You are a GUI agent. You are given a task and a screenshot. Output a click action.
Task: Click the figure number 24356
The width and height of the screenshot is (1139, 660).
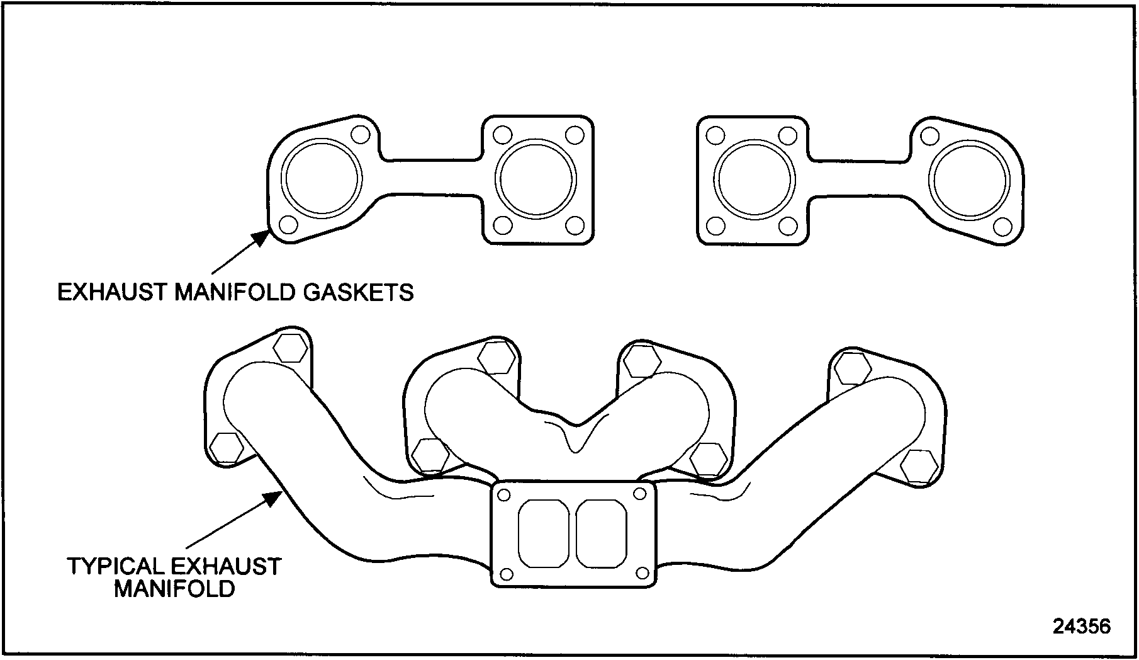pyautogui.click(x=1082, y=626)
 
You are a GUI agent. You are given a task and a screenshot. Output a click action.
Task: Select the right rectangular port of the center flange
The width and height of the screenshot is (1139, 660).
pyautogui.click(x=601, y=533)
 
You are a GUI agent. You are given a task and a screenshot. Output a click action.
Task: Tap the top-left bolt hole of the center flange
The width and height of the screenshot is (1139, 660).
pyautogui.click(x=503, y=495)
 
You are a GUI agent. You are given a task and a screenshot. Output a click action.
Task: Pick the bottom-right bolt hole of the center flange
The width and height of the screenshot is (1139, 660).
pyautogui.click(x=642, y=572)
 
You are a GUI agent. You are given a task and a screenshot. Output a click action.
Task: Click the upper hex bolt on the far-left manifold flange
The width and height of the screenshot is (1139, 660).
pyautogui.click(x=291, y=348)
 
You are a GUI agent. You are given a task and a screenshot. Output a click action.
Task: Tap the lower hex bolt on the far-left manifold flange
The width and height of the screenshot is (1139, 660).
pyautogui.click(x=226, y=448)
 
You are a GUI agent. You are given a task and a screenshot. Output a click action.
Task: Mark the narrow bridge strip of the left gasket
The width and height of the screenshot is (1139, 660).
pyautogui.click(x=431, y=175)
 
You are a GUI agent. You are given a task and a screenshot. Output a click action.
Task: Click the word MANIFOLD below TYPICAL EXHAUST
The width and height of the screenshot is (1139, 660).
pyautogui.click(x=174, y=589)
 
